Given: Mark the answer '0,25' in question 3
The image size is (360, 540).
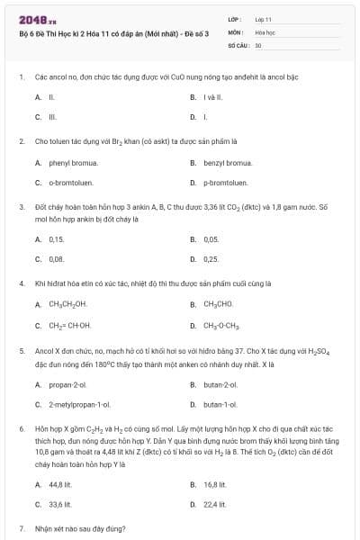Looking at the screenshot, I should click(x=211, y=258).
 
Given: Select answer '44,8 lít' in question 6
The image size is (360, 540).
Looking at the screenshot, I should click(x=60, y=484).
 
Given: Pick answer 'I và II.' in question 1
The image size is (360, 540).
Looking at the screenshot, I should click(x=212, y=96).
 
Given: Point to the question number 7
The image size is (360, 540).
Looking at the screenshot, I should click(x=21, y=528).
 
